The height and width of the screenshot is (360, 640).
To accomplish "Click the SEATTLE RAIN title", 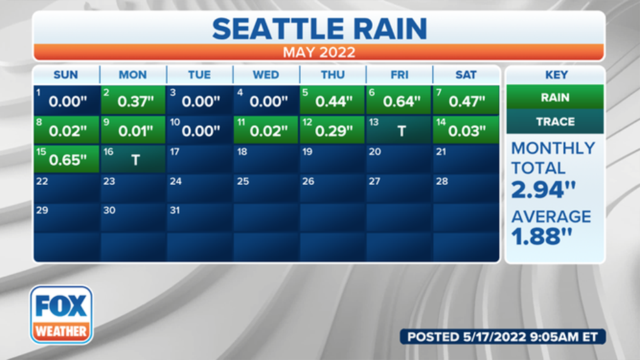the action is tap(319, 29).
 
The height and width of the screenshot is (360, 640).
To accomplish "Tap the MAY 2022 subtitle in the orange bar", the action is tap(319, 52).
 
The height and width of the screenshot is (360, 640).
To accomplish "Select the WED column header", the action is tap(266, 75).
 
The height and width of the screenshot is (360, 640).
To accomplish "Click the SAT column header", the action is tap(466, 75).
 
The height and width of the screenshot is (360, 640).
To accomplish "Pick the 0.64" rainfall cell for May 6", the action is tap(398, 100).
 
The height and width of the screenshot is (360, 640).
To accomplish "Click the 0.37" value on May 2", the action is tap(135, 102).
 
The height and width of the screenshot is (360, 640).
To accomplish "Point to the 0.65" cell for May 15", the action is tap(67, 159).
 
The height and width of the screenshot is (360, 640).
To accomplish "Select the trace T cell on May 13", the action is tap(398, 130).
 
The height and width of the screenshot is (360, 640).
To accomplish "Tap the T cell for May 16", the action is tap(133, 159).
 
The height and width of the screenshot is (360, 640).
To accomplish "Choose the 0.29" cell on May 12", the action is tap(332, 130).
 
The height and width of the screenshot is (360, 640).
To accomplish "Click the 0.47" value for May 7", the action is tap(467, 102).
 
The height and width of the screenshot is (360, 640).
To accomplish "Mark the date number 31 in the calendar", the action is tap(174, 210).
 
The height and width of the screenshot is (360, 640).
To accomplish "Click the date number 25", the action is tap(243, 181).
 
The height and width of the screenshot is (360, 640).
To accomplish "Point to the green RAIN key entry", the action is tap(555, 97).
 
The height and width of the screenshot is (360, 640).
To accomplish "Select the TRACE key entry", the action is tap(555, 121).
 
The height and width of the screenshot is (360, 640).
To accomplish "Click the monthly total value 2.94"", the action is tap(543, 190).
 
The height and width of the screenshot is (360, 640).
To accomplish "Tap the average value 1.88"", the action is tap(542, 236).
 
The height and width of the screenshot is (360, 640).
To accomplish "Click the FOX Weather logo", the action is tap(61, 315).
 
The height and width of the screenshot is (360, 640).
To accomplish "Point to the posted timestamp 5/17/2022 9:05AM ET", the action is tap(531, 337).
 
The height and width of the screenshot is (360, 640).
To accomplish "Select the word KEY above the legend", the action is tap(556, 75).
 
